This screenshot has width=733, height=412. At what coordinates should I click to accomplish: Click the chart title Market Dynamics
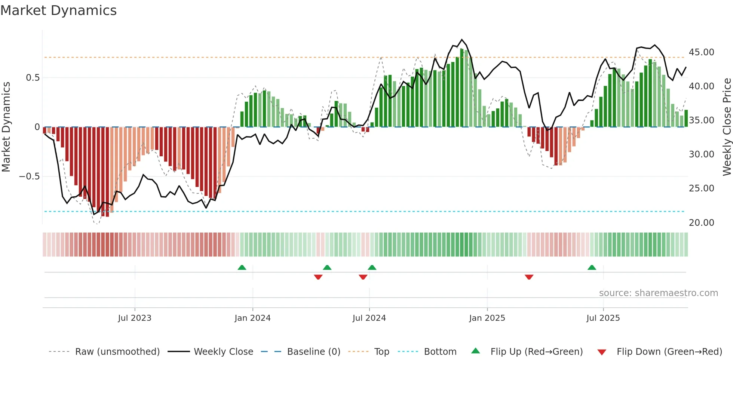[x=58, y=10]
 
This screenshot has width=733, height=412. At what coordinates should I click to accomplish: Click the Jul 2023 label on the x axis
[x=135, y=318]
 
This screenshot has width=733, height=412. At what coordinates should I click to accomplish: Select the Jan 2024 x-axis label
[x=252, y=318]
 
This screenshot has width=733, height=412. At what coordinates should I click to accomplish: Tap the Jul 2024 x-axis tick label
[x=369, y=318]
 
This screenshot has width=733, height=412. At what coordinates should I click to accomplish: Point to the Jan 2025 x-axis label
[x=487, y=318]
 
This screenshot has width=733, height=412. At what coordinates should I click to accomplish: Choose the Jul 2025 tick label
[x=603, y=318]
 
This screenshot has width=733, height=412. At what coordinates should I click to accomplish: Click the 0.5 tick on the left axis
[x=33, y=78]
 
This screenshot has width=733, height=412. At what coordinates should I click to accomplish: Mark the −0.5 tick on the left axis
[x=29, y=176]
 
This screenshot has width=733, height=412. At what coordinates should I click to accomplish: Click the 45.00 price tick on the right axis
[x=701, y=52]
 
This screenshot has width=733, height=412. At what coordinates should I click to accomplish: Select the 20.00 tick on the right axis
[x=701, y=223]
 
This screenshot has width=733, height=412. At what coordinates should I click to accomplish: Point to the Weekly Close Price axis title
[x=727, y=127]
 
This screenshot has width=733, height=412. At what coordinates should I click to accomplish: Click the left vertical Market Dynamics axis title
[x=6, y=127]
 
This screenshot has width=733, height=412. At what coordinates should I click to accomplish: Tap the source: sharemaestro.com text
[x=658, y=293]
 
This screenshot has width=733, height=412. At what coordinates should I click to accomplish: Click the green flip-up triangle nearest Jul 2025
[x=592, y=268]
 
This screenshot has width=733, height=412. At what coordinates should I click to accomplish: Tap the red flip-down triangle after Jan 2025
[x=529, y=277]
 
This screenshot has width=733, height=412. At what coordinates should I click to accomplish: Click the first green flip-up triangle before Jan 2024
[x=242, y=268]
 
